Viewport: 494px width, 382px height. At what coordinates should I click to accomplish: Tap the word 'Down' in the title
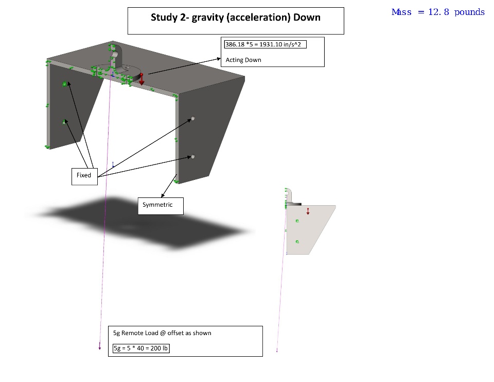tap(307, 17)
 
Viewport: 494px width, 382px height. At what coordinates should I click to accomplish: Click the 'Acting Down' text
tap(243, 60)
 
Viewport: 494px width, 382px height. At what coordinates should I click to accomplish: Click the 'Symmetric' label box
tap(161, 206)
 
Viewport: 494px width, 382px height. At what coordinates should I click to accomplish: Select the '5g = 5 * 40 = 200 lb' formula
tap(141, 348)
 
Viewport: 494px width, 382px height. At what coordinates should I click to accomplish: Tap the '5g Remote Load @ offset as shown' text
tap(162, 333)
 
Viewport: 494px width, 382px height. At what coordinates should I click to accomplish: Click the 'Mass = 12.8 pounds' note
tap(438, 12)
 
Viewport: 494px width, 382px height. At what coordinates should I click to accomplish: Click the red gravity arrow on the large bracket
tap(142, 79)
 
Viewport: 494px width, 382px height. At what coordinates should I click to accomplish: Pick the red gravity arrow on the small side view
tap(308, 211)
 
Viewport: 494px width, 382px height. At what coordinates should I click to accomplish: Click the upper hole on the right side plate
tap(193, 119)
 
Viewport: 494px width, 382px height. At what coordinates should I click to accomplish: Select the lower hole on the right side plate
tap(193, 156)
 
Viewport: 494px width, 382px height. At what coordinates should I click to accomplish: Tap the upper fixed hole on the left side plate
tap(65, 84)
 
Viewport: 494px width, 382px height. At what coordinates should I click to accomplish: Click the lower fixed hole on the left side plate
tap(64, 122)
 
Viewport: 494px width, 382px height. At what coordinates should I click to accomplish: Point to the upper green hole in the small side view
tap(297, 221)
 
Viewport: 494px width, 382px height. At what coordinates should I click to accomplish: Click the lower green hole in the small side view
tap(297, 242)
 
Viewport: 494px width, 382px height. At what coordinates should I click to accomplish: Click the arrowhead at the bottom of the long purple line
tap(99, 348)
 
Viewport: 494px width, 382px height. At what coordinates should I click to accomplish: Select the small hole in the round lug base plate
tap(128, 67)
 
